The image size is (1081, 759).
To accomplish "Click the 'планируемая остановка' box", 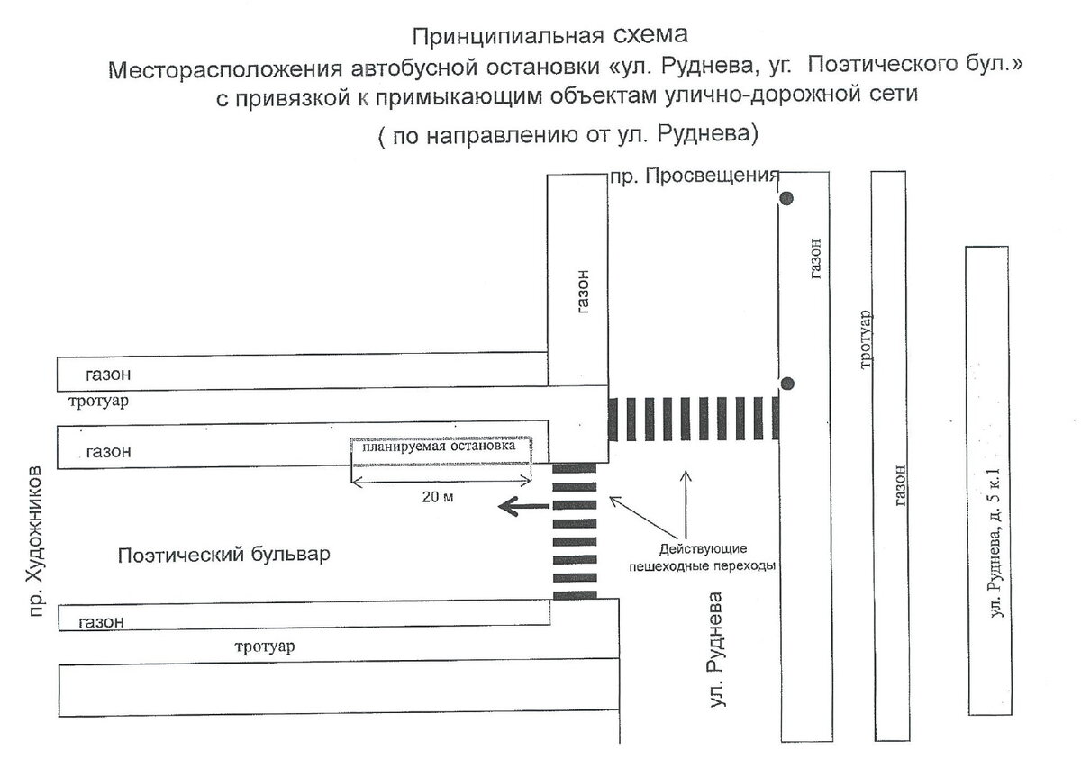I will click(x=441, y=447).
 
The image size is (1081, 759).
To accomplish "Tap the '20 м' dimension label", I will click(x=438, y=498).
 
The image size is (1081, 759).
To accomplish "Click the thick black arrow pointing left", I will click(x=519, y=508).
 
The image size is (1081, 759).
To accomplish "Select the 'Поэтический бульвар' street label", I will click(x=224, y=555).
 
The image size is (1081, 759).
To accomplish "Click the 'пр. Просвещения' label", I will click(x=694, y=176).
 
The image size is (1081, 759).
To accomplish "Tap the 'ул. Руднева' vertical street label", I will click(x=717, y=649).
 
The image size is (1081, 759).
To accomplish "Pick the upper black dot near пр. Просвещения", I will click(x=786, y=198).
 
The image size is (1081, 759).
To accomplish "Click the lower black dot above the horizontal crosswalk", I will click(x=787, y=384).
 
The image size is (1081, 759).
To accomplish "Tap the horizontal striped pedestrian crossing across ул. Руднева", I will click(x=694, y=419).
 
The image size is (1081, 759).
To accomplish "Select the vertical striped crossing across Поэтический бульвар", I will click(x=574, y=531).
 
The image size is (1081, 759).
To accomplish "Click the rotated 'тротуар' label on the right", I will click(x=865, y=340).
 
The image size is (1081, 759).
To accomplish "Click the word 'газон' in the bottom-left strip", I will click(x=100, y=621).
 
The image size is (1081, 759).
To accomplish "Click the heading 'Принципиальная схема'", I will click(x=550, y=37).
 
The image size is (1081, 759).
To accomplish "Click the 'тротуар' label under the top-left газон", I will click(x=96, y=402).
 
